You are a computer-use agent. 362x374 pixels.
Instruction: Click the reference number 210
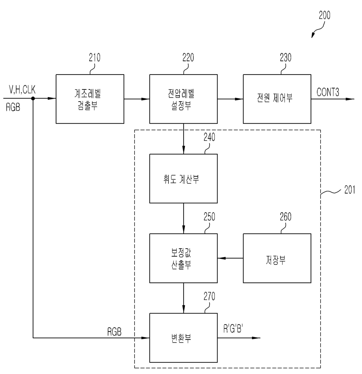94,57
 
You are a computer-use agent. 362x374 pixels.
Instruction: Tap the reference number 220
188,57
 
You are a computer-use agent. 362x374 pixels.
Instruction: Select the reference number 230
286,57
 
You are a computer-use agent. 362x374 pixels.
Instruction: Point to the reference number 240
209,137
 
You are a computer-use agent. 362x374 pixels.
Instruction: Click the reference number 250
209,217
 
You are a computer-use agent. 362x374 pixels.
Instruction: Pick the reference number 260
286,217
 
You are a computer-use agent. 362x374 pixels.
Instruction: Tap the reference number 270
209,296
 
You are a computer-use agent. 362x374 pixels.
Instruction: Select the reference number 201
349,190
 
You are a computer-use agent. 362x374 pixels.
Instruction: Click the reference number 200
325,15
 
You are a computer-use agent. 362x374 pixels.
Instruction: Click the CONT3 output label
328,92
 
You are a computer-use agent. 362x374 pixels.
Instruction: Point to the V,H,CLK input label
22,89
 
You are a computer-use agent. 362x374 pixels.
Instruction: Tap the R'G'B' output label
233,328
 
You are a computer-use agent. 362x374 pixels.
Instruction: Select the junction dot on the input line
33,99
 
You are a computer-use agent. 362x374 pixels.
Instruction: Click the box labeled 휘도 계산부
183,178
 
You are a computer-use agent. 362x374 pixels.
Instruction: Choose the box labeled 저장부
277,258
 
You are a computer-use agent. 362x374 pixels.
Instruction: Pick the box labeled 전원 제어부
277,99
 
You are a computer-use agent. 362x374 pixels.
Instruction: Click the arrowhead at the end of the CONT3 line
350,99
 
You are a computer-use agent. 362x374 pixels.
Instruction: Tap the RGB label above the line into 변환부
114,332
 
